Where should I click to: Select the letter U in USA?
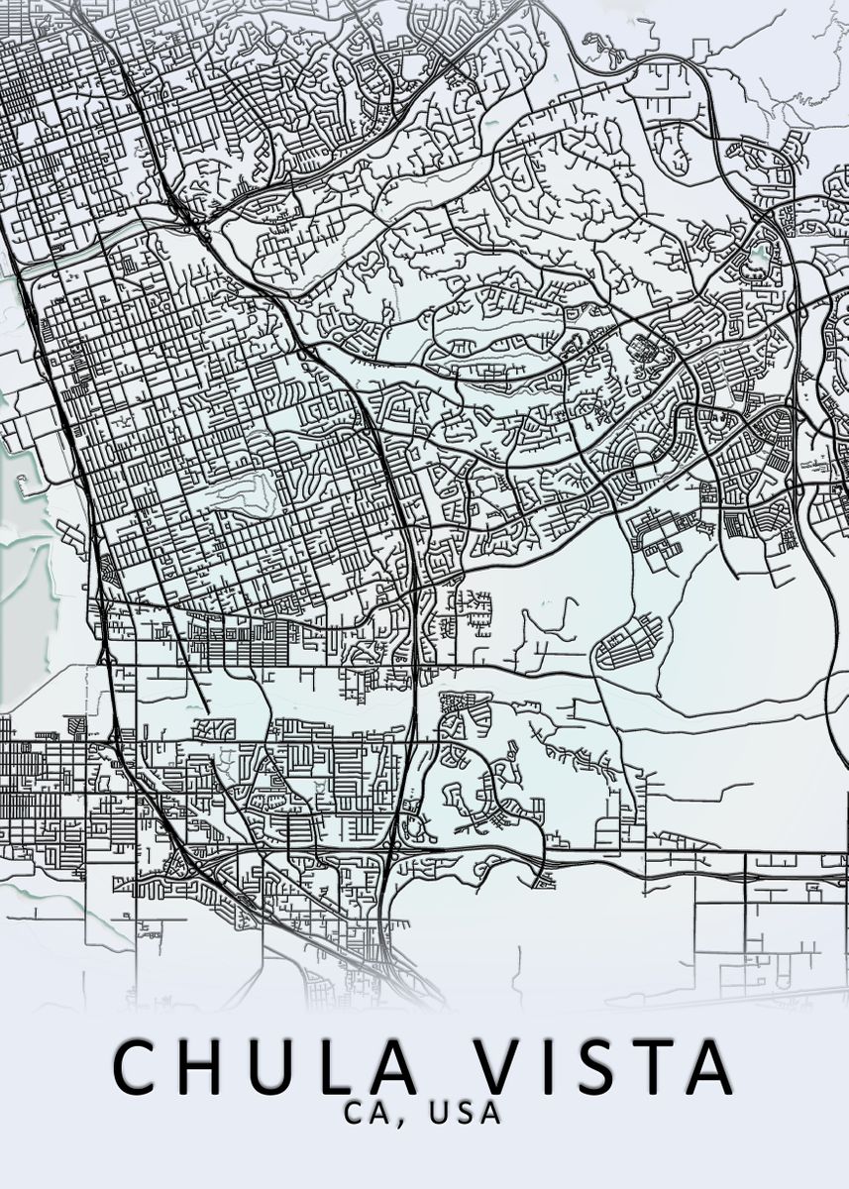pyautogui.click(x=439, y=1113)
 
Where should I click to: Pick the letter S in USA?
pyautogui.click(x=465, y=1113)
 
